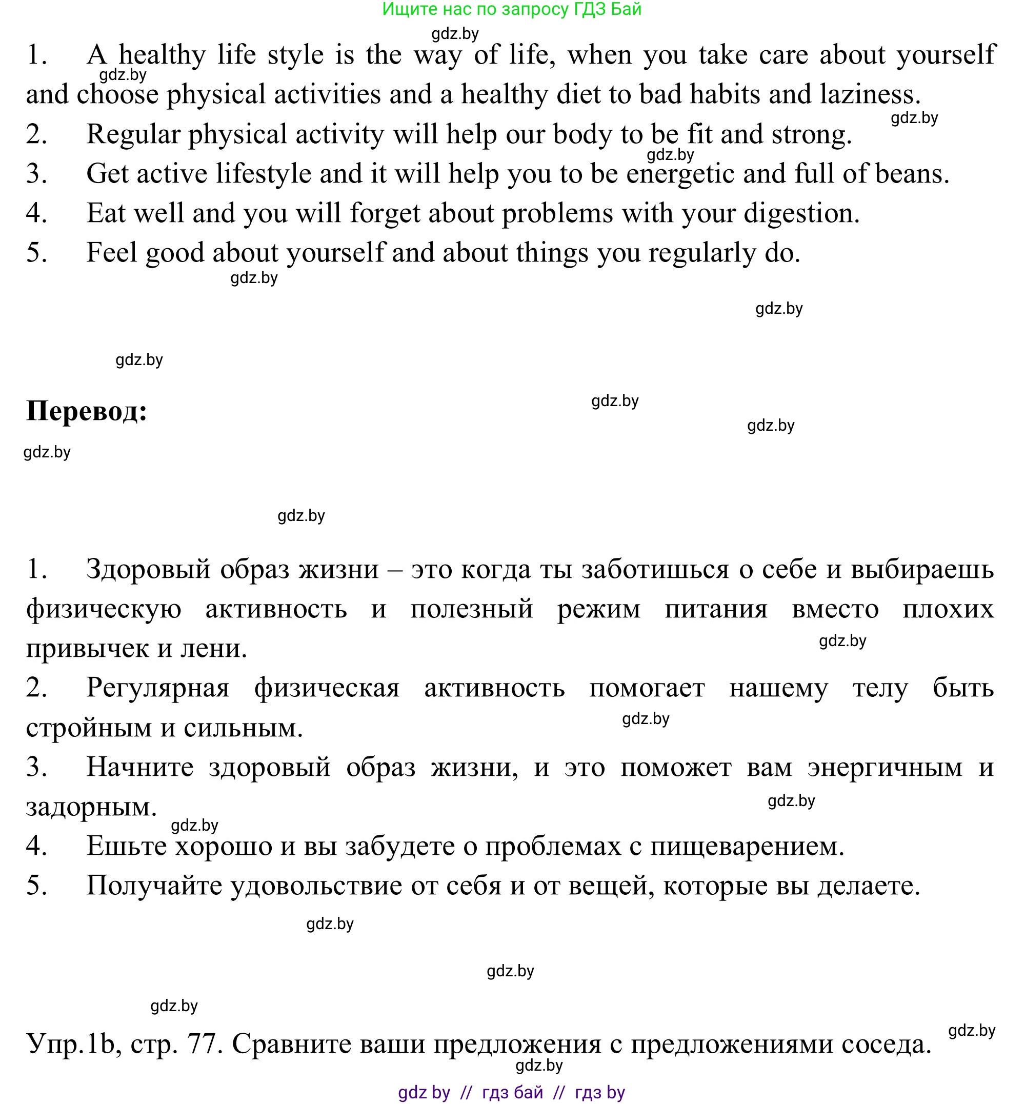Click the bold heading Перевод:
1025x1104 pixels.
pyautogui.click(x=87, y=412)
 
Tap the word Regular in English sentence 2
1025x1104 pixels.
pyautogui.click(x=134, y=135)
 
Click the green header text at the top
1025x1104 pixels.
pyautogui.click(x=511, y=9)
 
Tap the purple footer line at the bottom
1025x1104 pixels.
pyautogui.click(x=511, y=1092)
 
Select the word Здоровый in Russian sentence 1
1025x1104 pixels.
pyautogui.click(x=148, y=569)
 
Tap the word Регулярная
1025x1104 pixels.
pyautogui.click(x=157, y=689)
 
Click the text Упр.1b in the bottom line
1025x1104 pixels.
pyautogui.click(x=70, y=1044)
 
